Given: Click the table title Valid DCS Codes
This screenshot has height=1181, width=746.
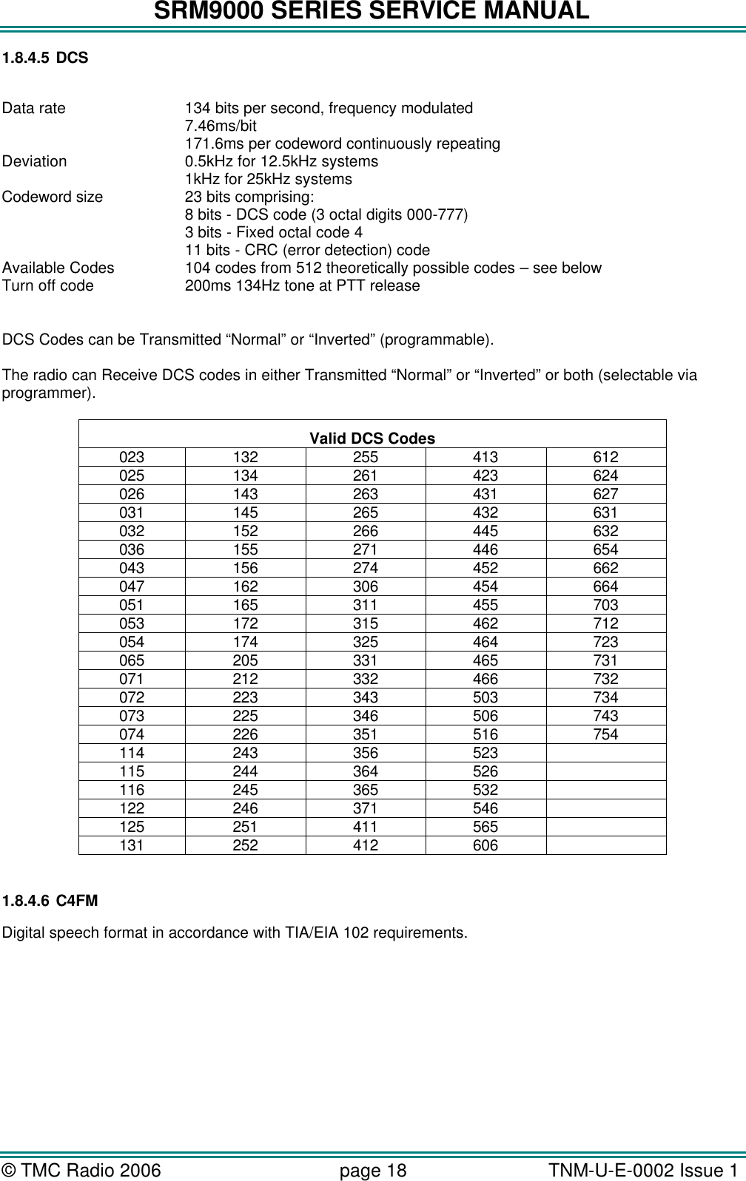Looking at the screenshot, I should click(x=372, y=439).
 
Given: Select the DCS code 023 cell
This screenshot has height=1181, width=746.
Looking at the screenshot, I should click(x=132, y=457).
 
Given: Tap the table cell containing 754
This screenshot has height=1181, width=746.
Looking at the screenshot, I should click(x=605, y=734).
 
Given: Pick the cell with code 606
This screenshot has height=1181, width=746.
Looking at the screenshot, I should click(x=485, y=845).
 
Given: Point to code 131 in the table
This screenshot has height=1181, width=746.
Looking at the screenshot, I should click(x=132, y=845).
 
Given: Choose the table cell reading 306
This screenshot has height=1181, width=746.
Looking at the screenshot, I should click(x=366, y=586).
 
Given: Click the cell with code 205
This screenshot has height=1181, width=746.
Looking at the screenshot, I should click(x=246, y=660).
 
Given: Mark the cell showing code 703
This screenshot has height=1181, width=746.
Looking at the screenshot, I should click(x=605, y=605).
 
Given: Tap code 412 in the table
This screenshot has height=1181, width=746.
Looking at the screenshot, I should click(x=366, y=845).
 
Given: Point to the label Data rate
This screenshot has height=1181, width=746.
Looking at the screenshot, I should click(x=34, y=109).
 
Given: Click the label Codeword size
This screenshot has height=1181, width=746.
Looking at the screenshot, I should click(x=53, y=197).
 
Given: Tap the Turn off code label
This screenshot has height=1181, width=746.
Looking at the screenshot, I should click(x=48, y=286).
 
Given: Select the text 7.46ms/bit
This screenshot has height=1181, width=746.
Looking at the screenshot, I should click(x=221, y=126).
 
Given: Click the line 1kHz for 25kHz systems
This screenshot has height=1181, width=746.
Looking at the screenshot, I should click(x=268, y=180).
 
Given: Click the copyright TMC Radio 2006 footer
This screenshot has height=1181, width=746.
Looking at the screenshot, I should click(x=81, y=1171).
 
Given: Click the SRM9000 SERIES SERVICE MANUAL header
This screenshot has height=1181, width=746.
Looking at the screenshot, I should click(x=372, y=12).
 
